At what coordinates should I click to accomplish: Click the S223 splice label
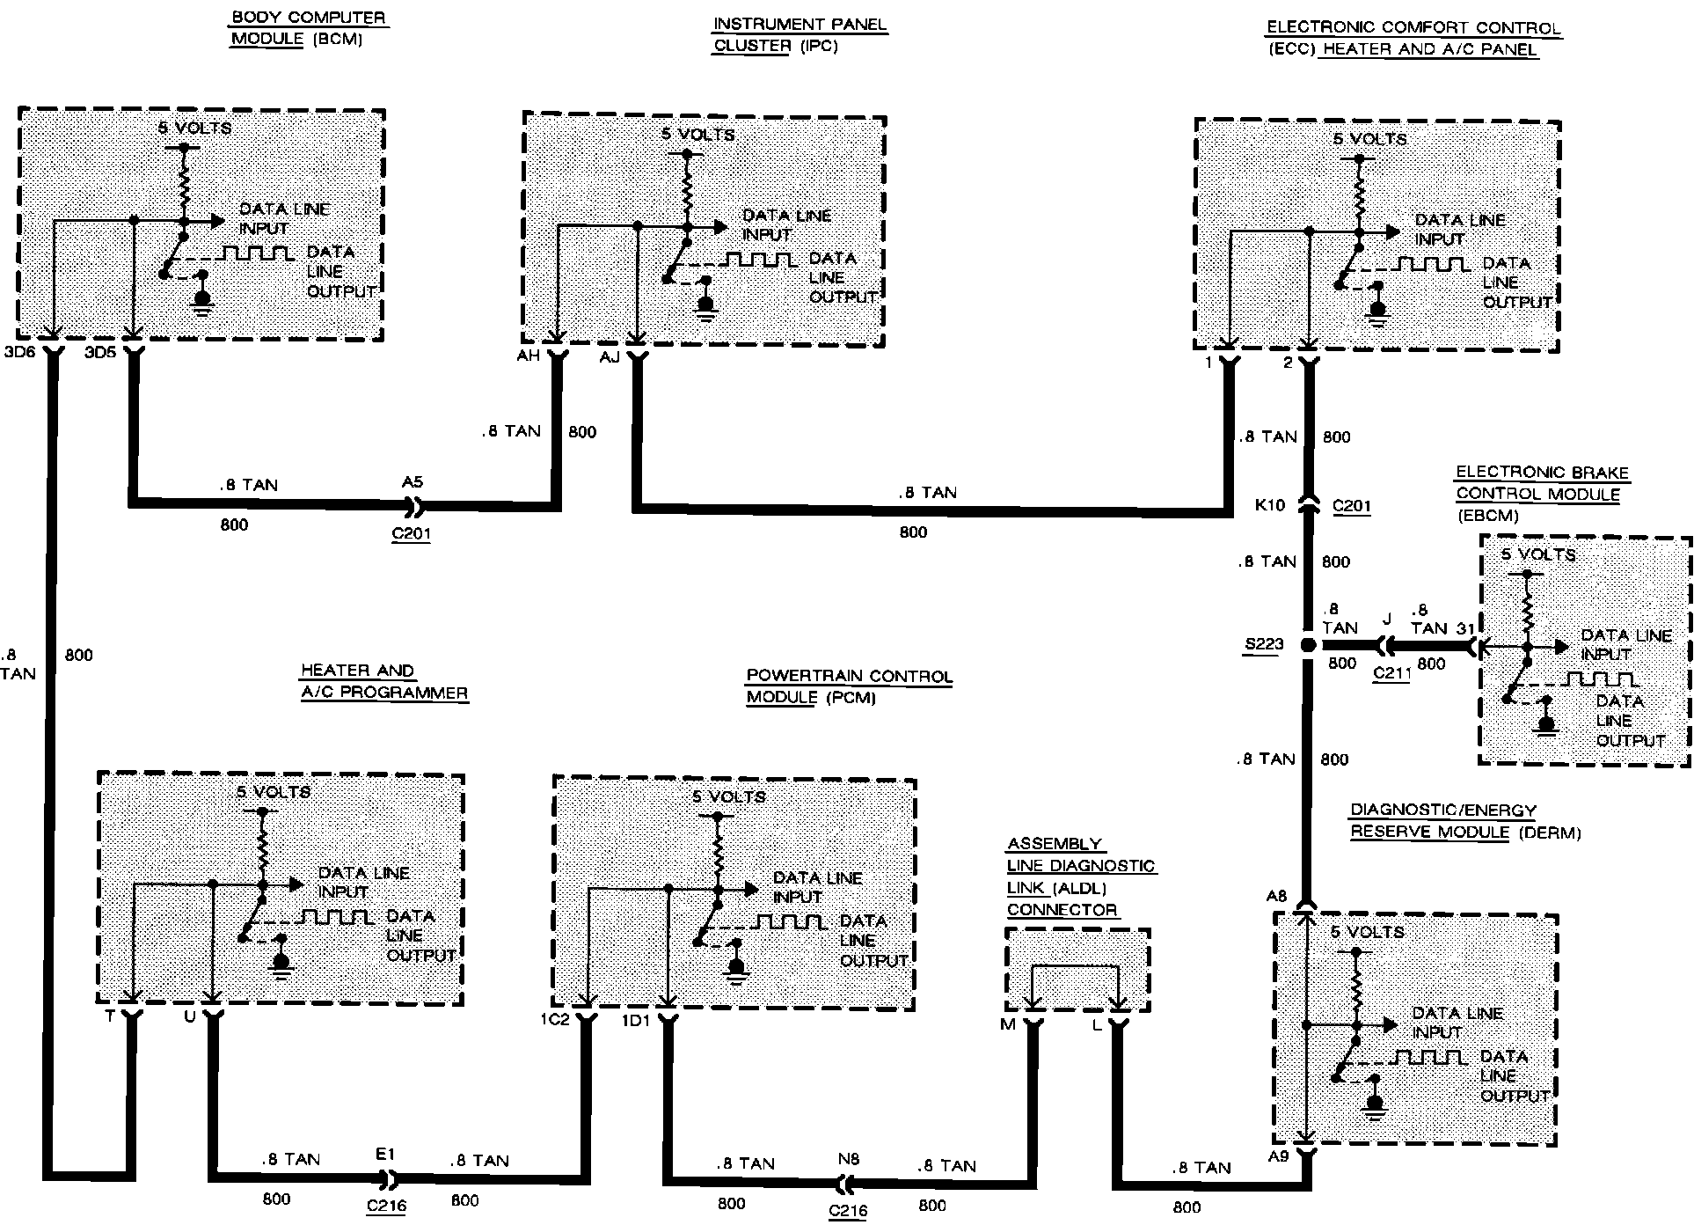pyautogui.click(x=1264, y=643)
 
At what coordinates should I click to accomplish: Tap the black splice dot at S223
pyautogui.click(x=1308, y=645)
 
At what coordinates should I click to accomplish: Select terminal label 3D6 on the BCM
pyautogui.click(x=18, y=354)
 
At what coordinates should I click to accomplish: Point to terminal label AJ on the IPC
pyautogui.click(x=610, y=358)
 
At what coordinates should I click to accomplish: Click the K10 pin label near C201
pyautogui.click(x=1271, y=505)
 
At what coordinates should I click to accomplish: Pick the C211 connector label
pyautogui.click(x=1391, y=673)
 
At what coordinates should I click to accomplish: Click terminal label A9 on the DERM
pyautogui.click(x=1278, y=1155)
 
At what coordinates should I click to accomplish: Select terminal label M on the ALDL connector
pyautogui.click(x=1007, y=1024)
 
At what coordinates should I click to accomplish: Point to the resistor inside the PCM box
pyautogui.click(x=718, y=849)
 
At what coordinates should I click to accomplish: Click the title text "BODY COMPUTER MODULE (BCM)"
pyautogui.click(x=308, y=28)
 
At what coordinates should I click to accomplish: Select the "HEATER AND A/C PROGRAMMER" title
pyautogui.click(x=383, y=681)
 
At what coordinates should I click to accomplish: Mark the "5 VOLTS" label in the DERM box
pyautogui.click(x=1367, y=931)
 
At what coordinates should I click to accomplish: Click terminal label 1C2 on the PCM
pyautogui.click(x=555, y=1021)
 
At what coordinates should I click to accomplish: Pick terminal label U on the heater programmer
pyautogui.click(x=190, y=1016)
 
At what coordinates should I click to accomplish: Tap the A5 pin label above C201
pyautogui.click(x=412, y=481)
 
